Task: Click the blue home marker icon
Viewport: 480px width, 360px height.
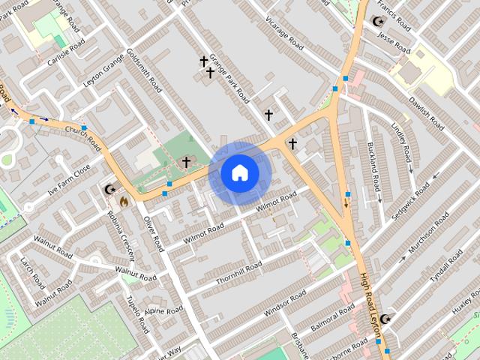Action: (x=239, y=172)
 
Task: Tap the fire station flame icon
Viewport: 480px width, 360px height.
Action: (x=124, y=201)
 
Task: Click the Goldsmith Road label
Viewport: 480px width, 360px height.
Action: (x=144, y=71)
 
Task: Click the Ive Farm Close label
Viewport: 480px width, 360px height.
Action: (x=69, y=180)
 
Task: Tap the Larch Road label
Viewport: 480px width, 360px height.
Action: (x=34, y=272)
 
